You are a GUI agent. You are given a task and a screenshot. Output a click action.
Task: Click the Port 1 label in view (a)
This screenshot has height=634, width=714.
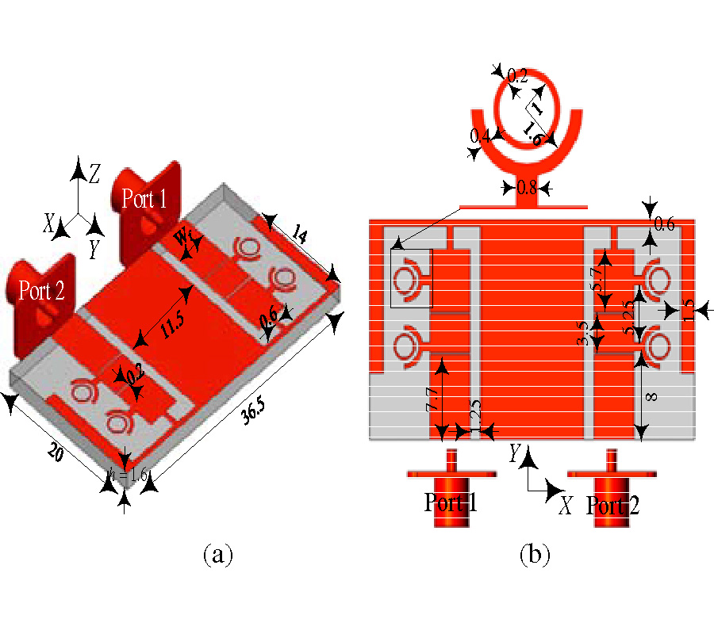(x=144, y=198)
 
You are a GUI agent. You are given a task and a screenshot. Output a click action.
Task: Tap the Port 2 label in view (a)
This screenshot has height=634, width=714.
(x=42, y=291)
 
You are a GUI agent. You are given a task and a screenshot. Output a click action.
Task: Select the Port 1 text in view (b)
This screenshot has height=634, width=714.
(x=451, y=502)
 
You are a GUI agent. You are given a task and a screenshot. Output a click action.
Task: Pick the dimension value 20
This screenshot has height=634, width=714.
(x=55, y=453)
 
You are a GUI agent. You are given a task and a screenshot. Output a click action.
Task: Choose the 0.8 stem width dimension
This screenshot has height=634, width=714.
(x=527, y=189)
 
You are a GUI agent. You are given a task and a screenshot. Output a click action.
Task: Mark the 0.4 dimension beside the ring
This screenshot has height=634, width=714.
(x=480, y=136)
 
